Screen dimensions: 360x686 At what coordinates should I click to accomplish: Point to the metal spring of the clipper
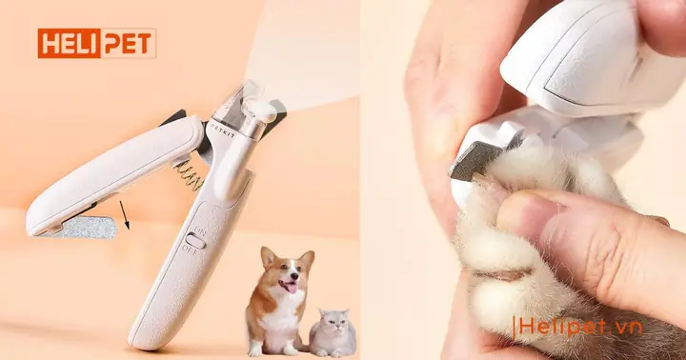187,171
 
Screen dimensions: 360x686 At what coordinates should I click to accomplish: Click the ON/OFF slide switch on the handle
195,242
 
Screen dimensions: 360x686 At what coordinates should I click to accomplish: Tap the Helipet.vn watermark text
580,328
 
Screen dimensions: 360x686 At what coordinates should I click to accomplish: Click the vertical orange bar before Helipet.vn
514,328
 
